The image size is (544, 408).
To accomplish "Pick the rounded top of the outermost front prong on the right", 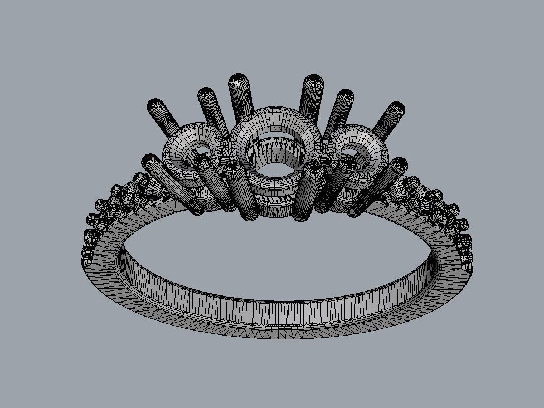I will point(399,163).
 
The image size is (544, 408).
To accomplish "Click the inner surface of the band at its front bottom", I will point(273,312).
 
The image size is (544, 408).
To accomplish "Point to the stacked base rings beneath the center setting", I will point(276,201).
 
